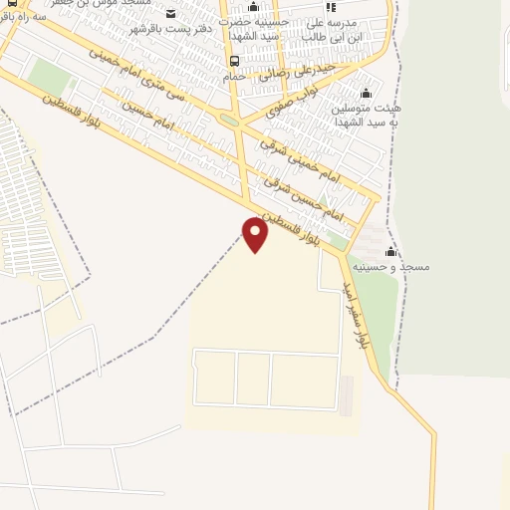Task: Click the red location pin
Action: (x=256, y=234)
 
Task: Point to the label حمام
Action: (x=234, y=76)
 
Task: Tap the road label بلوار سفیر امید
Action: (x=366, y=315)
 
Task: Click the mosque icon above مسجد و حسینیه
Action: (x=390, y=252)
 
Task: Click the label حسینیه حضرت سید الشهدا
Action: (x=253, y=27)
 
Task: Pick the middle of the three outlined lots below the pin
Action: (x=253, y=378)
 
